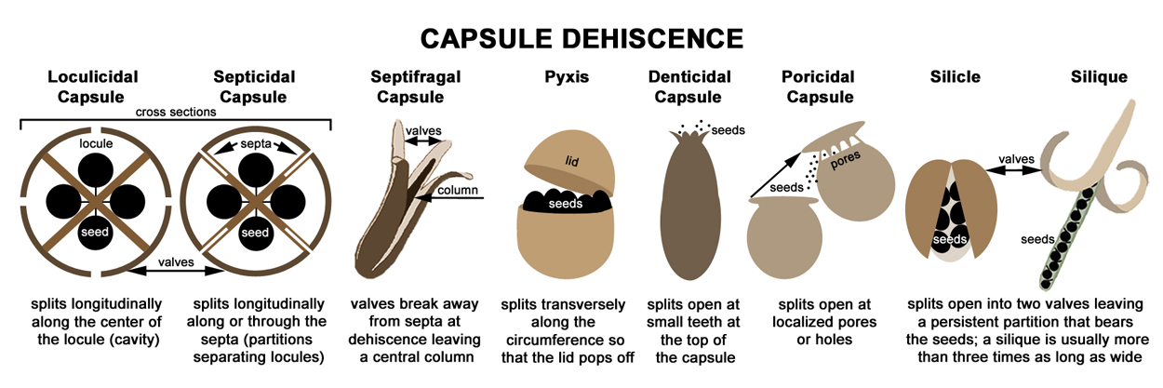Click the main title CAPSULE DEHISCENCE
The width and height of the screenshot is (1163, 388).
581,38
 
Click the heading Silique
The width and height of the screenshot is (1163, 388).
1099,77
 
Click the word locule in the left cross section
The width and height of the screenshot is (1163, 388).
96,145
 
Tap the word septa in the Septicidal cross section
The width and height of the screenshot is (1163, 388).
254,145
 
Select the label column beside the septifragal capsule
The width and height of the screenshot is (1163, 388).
461,192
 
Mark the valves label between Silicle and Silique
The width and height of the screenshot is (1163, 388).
1014,159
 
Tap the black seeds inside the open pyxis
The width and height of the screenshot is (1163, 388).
564,201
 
